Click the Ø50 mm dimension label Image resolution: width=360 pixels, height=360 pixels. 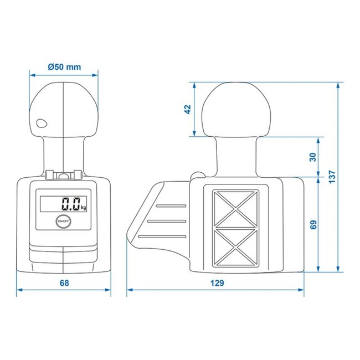(64, 67)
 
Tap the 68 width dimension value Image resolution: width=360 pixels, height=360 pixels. (64, 283)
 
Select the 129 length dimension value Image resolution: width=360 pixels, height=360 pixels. (217, 283)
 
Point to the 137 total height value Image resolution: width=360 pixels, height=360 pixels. (331, 176)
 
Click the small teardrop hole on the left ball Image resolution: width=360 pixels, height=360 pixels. (40, 124)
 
